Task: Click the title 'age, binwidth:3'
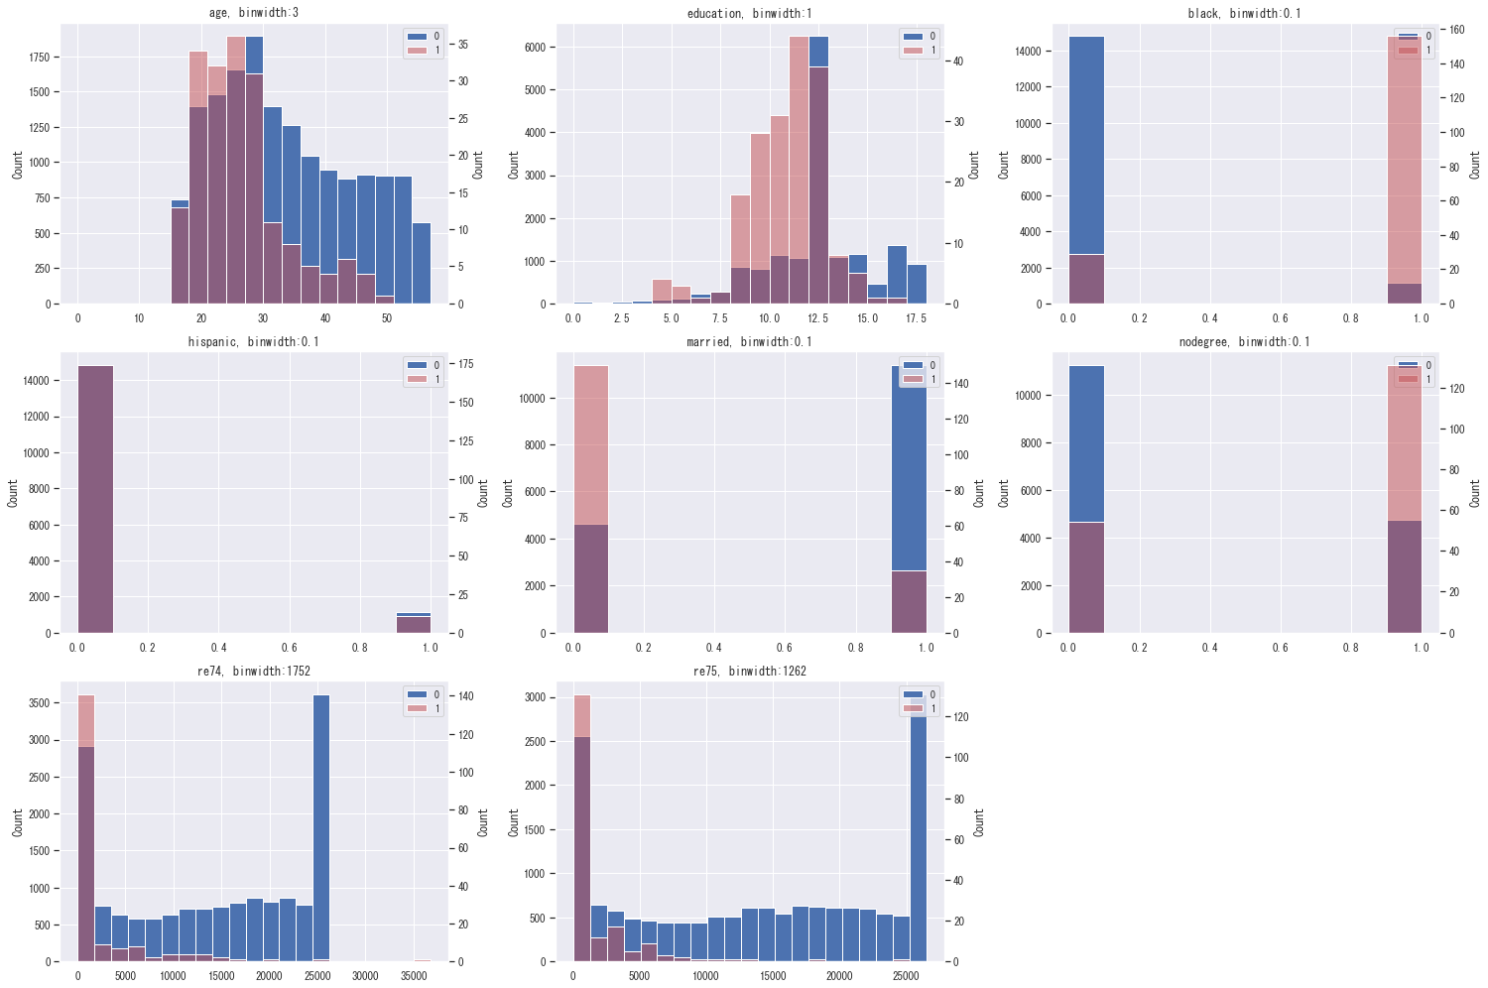[254, 13]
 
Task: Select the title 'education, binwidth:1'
[749, 13]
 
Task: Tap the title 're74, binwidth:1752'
[254, 672]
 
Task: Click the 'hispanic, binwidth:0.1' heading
[254, 342]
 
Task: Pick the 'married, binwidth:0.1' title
[749, 342]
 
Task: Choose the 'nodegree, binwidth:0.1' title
[1244, 342]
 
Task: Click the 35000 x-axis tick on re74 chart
[414, 976]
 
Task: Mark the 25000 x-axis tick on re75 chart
[905, 976]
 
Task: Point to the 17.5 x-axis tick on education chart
[917, 318]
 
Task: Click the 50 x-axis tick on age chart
[387, 318]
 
